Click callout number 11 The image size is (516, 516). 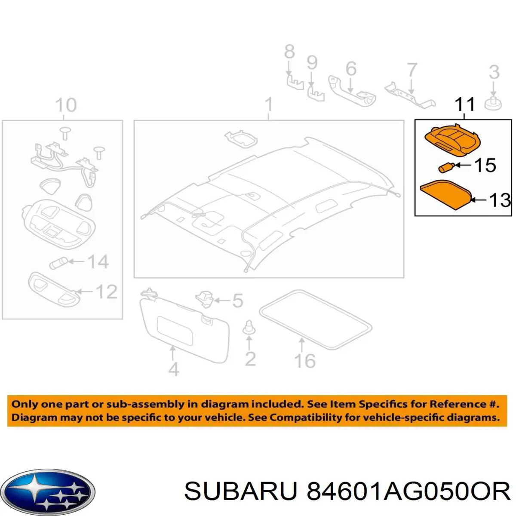465,104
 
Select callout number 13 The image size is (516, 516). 500,200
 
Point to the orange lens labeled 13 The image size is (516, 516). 445,195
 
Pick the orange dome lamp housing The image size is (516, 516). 452,141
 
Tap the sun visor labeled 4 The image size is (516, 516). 185,328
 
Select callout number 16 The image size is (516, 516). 305,361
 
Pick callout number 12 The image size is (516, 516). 107,292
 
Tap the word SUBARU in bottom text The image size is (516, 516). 241,491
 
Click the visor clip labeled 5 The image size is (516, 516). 205,298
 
